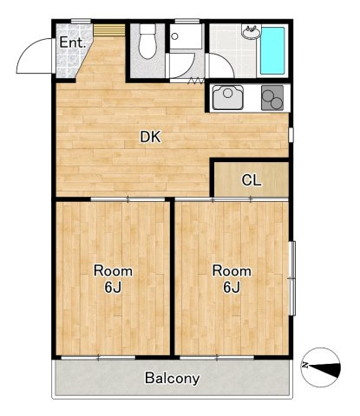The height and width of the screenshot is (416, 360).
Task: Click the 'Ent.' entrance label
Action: click(x=73, y=43)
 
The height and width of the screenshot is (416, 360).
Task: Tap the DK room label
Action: click(x=150, y=137)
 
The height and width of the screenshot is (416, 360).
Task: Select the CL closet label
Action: click(x=252, y=180)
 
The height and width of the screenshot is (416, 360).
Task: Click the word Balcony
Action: click(x=173, y=378)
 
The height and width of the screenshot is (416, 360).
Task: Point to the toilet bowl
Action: click(x=147, y=42)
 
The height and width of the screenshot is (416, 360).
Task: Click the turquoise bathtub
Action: click(x=272, y=51)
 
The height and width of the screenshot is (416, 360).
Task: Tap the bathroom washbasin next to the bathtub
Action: click(x=252, y=32)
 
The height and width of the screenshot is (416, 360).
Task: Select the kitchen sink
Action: click(x=227, y=97)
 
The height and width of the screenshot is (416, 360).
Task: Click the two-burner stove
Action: click(x=272, y=98)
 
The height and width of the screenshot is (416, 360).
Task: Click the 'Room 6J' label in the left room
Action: click(x=113, y=279)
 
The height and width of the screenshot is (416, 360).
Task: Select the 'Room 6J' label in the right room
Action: click(x=232, y=279)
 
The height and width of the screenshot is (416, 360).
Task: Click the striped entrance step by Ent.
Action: click(x=109, y=30)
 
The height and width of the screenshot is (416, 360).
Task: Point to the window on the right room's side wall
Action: click(x=292, y=278)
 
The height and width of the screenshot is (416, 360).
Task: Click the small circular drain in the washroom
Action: click(x=174, y=36)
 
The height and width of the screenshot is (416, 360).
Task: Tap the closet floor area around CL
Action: click(x=252, y=179)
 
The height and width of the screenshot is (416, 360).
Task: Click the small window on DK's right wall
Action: click(x=291, y=134)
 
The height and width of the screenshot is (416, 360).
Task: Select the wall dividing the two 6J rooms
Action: click(x=172, y=276)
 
